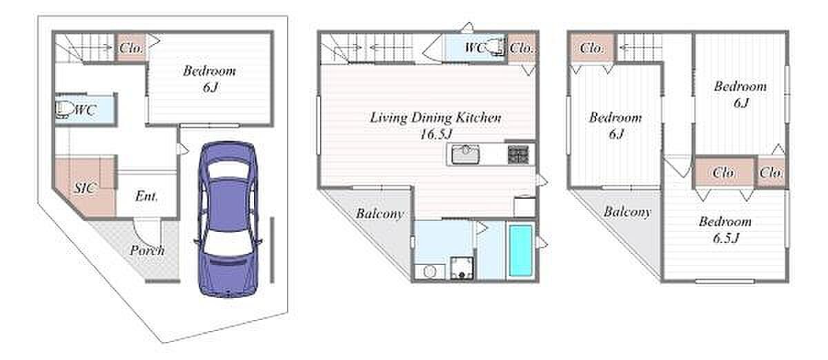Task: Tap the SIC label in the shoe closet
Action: pos(85,188)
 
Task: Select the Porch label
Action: pos(147,250)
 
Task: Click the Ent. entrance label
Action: pos(146,196)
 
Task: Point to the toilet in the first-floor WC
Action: pos(63,110)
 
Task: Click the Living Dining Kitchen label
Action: pos(435,117)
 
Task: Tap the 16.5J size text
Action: pos(436,134)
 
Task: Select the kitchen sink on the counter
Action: pos(466,154)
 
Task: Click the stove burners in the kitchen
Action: pos(518,154)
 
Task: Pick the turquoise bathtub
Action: pos(521,251)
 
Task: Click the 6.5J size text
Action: pos(726,238)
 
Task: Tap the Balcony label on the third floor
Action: pos(627,212)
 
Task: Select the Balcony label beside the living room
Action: pos(379,213)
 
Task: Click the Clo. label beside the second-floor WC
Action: pos(522,48)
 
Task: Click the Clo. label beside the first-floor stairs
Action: pos(131,48)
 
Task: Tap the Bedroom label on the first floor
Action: pos(209,70)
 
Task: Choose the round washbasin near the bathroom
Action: pos(429,272)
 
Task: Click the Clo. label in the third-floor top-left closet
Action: pos(591,48)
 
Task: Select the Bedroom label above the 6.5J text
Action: pos(725,221)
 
